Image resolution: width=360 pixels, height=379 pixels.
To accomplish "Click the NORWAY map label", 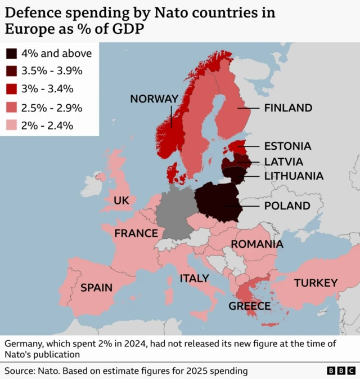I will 154,99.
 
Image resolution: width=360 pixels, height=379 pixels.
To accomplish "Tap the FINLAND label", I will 288,108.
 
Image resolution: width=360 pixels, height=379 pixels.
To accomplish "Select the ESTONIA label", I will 287,146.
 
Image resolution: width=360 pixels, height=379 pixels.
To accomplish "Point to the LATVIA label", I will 283,162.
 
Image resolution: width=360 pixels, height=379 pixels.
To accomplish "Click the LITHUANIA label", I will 294,176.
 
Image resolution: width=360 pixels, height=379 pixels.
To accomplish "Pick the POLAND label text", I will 287,206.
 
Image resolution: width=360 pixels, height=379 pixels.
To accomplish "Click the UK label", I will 121,200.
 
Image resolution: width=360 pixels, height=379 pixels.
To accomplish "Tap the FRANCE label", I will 136,233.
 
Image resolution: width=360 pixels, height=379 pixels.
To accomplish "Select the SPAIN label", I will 96,288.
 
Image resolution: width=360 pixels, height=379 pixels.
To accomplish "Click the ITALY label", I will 194,278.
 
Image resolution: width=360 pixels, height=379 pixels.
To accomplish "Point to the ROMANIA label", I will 257,244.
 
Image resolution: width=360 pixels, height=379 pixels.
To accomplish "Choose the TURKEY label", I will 316,283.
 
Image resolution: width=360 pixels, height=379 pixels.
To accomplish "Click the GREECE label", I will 249,306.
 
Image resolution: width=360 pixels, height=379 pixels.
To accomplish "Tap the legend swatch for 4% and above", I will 12,54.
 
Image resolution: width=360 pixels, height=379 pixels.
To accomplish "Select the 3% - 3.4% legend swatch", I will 12,89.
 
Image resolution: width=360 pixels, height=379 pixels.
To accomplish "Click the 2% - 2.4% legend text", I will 47,126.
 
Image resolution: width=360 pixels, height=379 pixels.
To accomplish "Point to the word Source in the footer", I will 20,371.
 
